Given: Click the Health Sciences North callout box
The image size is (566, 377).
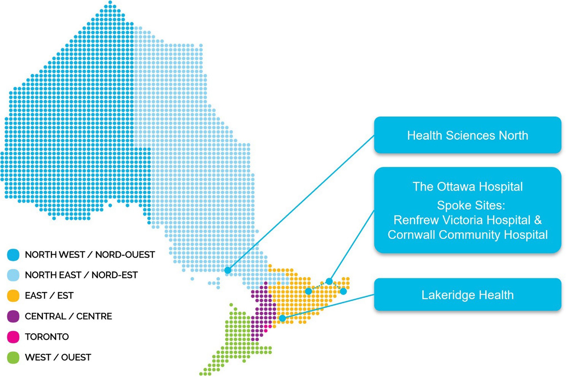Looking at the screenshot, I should coord(467,135).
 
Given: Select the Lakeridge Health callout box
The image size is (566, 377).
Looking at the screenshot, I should coord(467,295).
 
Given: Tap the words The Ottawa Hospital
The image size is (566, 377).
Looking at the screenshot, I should coord(467,187).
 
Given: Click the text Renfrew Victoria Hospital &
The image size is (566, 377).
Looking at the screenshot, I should coord(467,220).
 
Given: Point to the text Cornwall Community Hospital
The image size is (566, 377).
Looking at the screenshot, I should coord(467,235).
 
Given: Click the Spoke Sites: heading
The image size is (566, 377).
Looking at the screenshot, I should coord(471,205).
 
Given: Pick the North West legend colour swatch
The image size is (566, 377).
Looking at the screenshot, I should coord(13,254).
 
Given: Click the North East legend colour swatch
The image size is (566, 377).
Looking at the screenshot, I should coord(13,275).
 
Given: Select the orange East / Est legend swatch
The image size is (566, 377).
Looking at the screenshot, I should coord(13,295).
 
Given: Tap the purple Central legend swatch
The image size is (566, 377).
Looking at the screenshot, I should coord(13,316).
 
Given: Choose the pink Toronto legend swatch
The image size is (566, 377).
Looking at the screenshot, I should coord(13,337).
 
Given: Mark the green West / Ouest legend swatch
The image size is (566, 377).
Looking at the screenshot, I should coord(13,358).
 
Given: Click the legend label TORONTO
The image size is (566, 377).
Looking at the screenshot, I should coord(47,337).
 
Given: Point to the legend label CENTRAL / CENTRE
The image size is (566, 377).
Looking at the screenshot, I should coord(68,316).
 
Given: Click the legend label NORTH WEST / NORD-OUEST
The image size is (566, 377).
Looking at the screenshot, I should coord(90,255).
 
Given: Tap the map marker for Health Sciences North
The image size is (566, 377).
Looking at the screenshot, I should coord(228,270).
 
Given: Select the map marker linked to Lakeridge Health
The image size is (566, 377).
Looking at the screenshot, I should coord(282,318).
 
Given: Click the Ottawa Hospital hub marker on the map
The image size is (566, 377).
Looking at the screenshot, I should coord(329,281).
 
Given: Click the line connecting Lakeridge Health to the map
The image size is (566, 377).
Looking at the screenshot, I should coord(329,306).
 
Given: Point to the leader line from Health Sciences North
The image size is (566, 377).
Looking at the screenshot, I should coord(301,203).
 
